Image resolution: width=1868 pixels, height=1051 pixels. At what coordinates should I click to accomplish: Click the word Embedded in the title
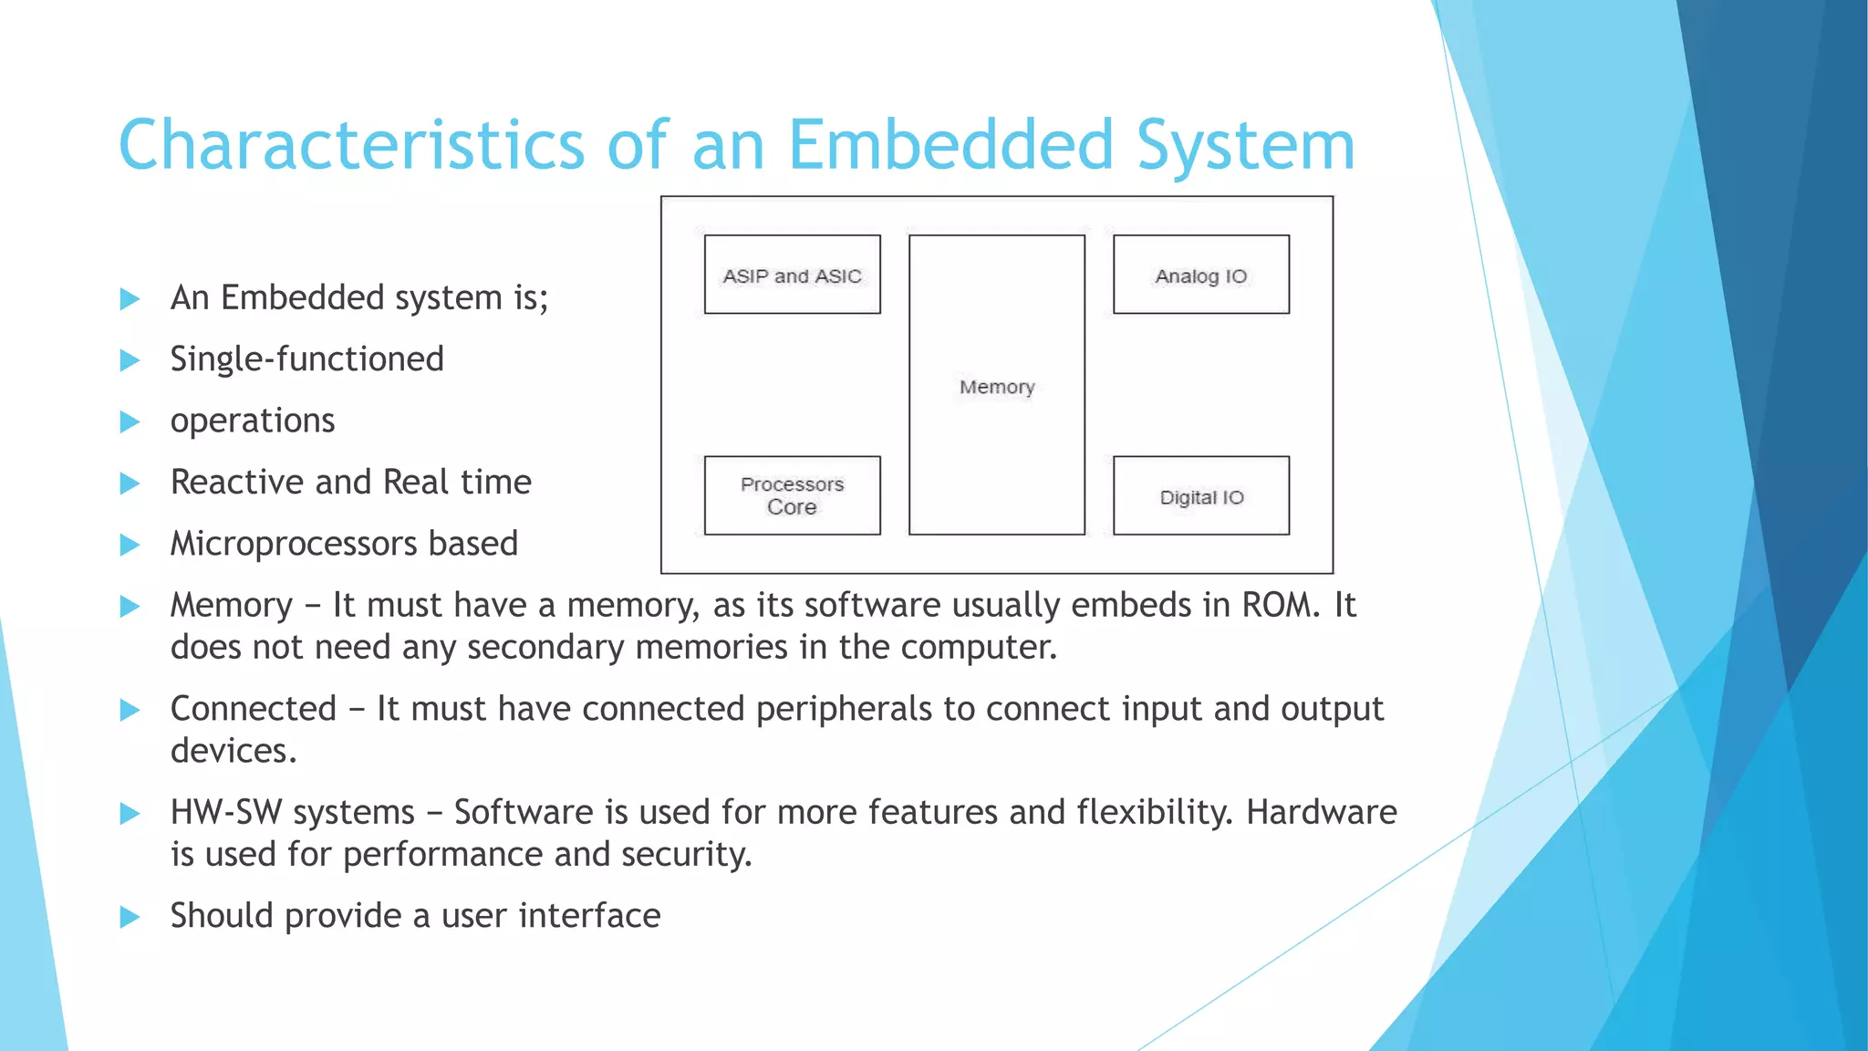click(950, 145)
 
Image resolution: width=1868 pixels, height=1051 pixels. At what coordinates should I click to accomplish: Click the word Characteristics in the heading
click(351, 145)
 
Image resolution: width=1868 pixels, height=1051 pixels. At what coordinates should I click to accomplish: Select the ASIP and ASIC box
click(792, 275)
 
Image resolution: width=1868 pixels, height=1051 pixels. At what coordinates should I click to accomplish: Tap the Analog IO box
click(1200, 275)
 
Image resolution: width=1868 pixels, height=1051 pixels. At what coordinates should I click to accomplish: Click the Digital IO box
click(1200, 495)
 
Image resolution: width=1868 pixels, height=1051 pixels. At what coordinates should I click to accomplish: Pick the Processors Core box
click(792, 495)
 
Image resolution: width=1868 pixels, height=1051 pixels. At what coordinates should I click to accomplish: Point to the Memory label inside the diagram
click(997, 387)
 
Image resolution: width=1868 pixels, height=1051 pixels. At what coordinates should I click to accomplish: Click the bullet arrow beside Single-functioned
click(130, 360)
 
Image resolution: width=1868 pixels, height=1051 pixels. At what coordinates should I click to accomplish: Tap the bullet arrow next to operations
click(130, 421)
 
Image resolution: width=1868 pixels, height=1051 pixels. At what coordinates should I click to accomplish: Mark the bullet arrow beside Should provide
click(130, 917)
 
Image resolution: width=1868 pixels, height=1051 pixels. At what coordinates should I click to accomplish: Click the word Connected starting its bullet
click(254, 709)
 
